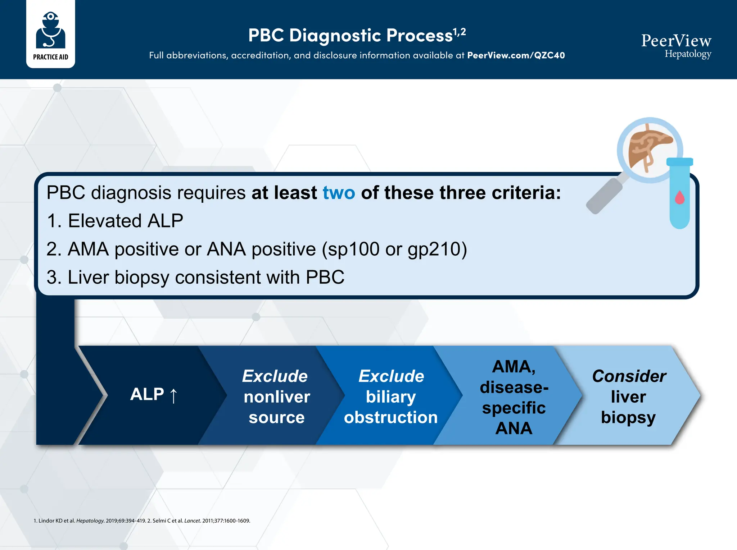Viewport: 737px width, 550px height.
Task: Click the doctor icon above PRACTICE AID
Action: pyautogui.click(x=50, y=30)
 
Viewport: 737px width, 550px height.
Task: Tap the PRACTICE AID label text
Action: pyautogui.click(x=50, y=57)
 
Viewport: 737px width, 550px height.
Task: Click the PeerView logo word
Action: pyautogui.click(x=676, y=41)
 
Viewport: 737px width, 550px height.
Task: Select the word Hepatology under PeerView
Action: pyautogui.click(x=687, y=54)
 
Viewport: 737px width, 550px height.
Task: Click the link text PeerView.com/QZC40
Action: pyautogui.click(x=516, y=55)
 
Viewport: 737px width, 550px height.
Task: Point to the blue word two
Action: pyautogui.click(x=339, y=193)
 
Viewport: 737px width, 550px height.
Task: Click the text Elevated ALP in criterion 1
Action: pyautogui.click(x=125, y=221)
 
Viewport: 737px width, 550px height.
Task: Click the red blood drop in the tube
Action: pyautogui.click(x=679, y=197)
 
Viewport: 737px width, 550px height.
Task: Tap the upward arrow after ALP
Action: pyautogui.click(x=173, y=396)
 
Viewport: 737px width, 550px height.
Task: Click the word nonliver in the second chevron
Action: pyautogui.click(x=277, y=397)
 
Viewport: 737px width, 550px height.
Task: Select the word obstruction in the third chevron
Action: pyautogui.click(x=390, y=417)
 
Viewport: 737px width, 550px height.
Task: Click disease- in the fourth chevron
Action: pyautogui.click(x=514, y=388)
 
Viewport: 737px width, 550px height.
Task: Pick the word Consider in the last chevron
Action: pyautogui.click(x=629, y=376)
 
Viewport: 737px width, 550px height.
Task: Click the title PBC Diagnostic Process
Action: pyautogui.click(x=350, y=36)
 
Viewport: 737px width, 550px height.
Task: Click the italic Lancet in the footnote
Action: pyautogui.click(x=192, y=521)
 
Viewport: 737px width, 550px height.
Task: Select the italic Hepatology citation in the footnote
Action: pyautogui.click(x=90, y=521)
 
